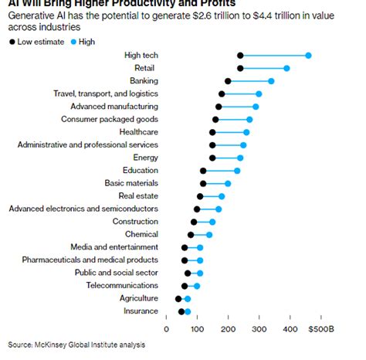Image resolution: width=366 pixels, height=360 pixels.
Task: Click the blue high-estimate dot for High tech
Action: point(308,56)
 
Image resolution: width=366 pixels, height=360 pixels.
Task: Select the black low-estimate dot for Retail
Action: point(240,68)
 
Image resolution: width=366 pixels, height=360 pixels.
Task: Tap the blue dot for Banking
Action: point(271,80)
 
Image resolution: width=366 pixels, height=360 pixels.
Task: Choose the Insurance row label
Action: point(140,311)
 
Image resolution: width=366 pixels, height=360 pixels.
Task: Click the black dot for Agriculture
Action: point(178,298)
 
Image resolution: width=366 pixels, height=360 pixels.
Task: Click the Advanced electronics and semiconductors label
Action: point(83,209)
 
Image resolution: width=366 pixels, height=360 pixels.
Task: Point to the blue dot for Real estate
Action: point(222,196)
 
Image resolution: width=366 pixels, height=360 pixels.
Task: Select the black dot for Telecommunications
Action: point(185,286)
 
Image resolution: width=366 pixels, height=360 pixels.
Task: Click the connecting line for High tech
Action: point(274,56)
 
